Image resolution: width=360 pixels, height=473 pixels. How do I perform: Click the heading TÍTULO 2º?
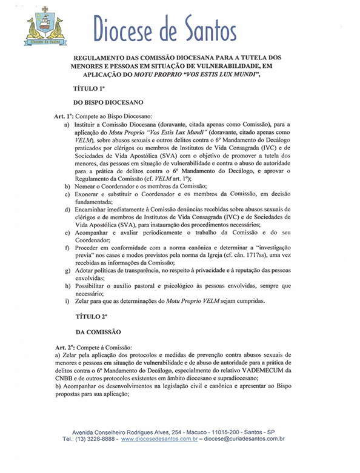[x=88, y=318]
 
